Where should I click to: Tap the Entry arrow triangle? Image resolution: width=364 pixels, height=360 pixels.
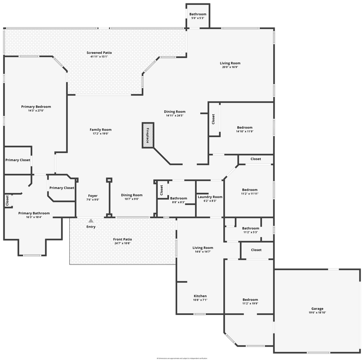click(x=91, y=220)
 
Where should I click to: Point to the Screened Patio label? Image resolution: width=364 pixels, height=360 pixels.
click(x=99, y=52)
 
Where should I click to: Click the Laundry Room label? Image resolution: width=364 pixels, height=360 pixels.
click(x=210, y=197)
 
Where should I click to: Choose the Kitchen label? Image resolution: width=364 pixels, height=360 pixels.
click(x=200, y=296)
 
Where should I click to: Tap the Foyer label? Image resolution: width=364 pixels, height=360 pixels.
click(x=93, y=195)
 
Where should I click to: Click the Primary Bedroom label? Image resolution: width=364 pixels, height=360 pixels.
click(x=36, y=106)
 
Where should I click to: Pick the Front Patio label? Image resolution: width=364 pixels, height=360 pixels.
click(x=122, y=239)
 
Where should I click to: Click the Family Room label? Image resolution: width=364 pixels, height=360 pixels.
click(x=100, y=129)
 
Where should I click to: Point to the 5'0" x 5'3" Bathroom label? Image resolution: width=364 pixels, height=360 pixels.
click(x=198, y=14)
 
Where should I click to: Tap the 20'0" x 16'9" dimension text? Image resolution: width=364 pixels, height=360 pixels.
click(x=230, y=67)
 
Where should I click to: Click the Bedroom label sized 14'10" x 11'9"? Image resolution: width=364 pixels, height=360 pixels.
click(x=245, y=127)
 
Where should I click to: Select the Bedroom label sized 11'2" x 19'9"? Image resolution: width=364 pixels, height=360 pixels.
click(x=250, y=299)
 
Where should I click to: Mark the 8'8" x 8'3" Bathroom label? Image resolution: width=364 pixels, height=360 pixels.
click(x=178, y=198)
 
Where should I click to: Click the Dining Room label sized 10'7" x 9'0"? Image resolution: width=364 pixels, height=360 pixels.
click(x=132, y=195)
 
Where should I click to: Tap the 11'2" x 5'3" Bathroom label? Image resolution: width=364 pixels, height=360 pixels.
click(x=250, y=228)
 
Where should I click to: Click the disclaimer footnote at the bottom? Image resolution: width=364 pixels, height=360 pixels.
click(x=182, y=358)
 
